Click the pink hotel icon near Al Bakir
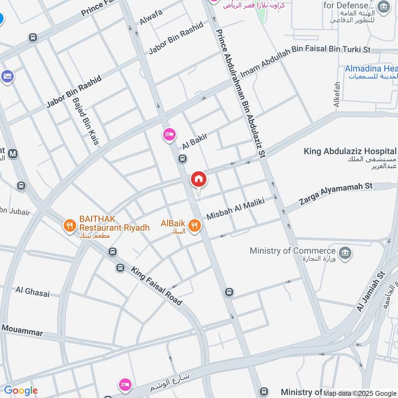tap(169, 134)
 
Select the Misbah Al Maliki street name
tap(234, 208)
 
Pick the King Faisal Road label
tap(156, 286)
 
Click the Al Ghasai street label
tap(32, 292)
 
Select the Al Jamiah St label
tap(371, 291)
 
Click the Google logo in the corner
tap(20, 391)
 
